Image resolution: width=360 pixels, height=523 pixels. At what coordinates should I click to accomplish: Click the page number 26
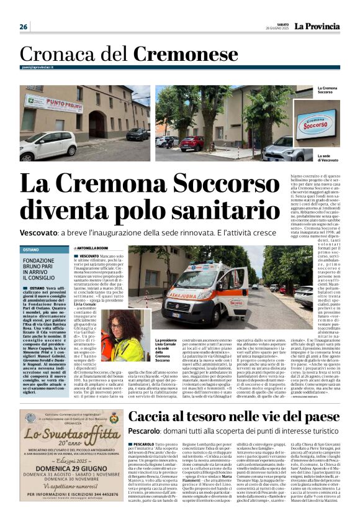23,27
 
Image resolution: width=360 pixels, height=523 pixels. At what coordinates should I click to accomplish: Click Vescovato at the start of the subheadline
43,230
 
